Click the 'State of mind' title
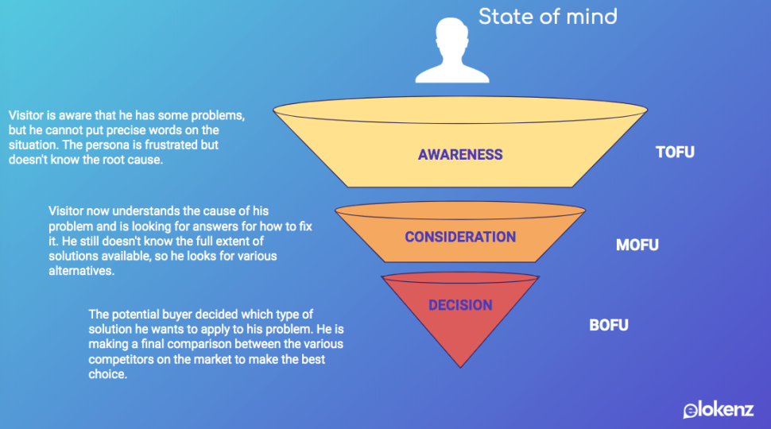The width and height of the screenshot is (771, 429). coord(548,17)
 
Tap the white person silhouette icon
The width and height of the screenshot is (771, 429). coord(452,50)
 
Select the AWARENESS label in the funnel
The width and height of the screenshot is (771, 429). coord(460,155)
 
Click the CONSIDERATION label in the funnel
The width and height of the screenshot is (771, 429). coord(460,237)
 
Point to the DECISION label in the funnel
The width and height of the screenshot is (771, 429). coord(460,305)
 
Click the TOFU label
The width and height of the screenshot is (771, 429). coord(675,153)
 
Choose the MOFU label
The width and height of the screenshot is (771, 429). coord(637,245)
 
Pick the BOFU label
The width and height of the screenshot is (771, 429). coord(609,325)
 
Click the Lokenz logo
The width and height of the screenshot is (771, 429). coord(719,410)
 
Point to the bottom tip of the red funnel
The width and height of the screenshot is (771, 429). coord(460,368)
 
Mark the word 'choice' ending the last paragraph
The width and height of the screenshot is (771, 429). coord(107,374)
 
